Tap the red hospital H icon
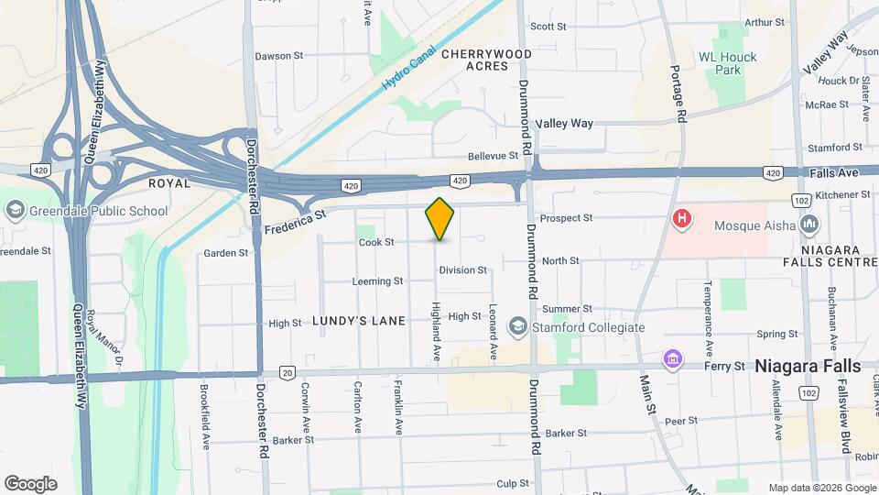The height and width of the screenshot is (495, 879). tap(681, 219)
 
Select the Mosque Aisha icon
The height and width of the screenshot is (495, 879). tap(809, 224)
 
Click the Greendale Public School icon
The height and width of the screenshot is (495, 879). tap(14, 211)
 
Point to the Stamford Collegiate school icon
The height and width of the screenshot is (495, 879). tap(518, 327)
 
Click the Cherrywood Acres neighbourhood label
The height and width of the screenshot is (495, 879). tap(486, 60)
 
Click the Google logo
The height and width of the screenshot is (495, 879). tap(30, 484)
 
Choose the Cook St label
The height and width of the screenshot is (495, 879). tap(376, 243)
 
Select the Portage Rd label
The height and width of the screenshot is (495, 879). tap(678, 93)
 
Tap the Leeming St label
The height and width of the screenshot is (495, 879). tap(377, 281)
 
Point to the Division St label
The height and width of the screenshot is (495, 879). tap(462, 270)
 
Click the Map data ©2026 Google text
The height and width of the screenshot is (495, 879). tap(820, 488)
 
